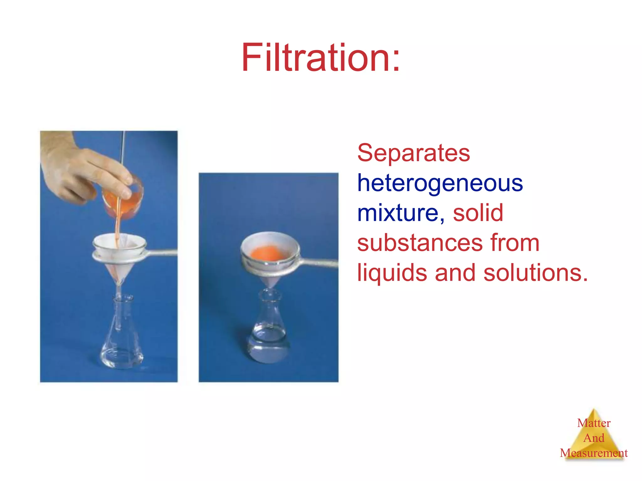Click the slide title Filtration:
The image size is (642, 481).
(320, 58)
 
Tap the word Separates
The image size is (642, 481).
(413, 153)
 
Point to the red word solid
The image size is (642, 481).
(478, 213)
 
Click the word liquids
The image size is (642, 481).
(392, 272)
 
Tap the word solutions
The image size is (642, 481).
(535, 272)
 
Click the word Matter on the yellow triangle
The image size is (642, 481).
(594, 423)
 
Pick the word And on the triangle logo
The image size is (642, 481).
(594, 438)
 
